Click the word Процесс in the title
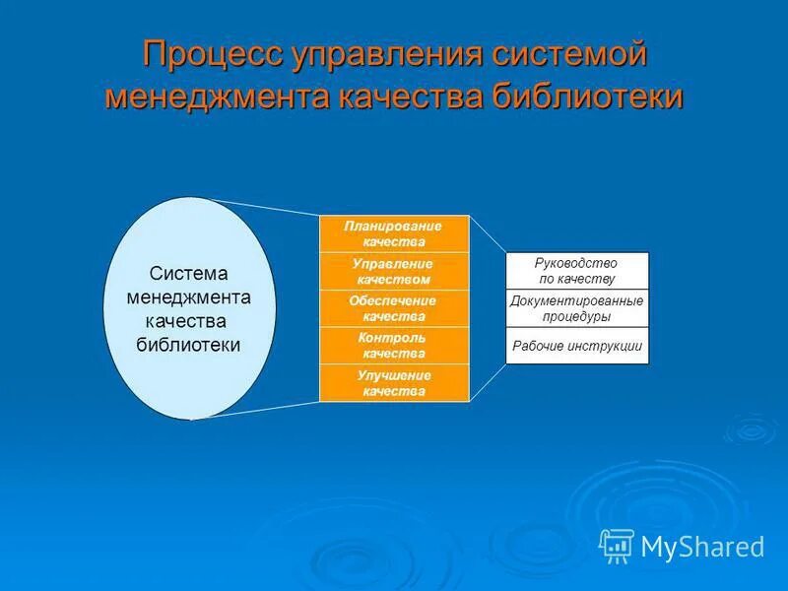tap(213, 54)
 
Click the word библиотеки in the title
tap(582, 98)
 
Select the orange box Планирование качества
tap(394, 233)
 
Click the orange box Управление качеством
tap(394, 271)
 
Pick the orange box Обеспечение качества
tap(394, 308)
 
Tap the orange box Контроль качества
tap(394, 346)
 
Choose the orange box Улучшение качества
tap(394, 383)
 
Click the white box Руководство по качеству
tap(577, 271)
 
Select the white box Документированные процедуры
tap(577, 308)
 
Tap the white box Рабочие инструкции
tap(577, 346)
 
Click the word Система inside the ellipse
tap(188, 274)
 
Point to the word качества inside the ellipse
tap(186, 321)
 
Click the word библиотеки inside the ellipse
tap(188, 345)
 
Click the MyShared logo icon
tap(617, 545)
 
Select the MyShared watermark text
tap(703, 546)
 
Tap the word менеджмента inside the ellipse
tap(188, 297)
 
